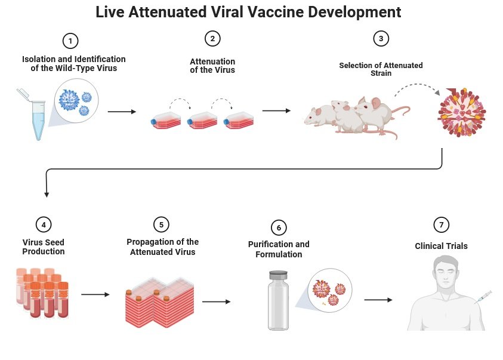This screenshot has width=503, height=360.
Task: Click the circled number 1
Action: [x=70, y=41]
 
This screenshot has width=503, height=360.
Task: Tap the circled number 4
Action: [x=44, y=224]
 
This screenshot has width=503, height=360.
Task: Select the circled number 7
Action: [x=441, y=224]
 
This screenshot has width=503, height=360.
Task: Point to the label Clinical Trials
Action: [x=441, y=245]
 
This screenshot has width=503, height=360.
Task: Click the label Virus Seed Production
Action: [x=44, y=247]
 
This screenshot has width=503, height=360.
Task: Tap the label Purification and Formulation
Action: [x=279, y=249]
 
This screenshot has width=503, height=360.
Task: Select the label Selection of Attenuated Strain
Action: [x=381, y=69]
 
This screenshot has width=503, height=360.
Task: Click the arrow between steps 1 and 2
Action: [x=122, y=112]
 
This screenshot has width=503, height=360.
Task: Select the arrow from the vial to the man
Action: [x=378, y=300]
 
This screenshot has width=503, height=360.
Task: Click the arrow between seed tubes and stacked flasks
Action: [x=95, y=294]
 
